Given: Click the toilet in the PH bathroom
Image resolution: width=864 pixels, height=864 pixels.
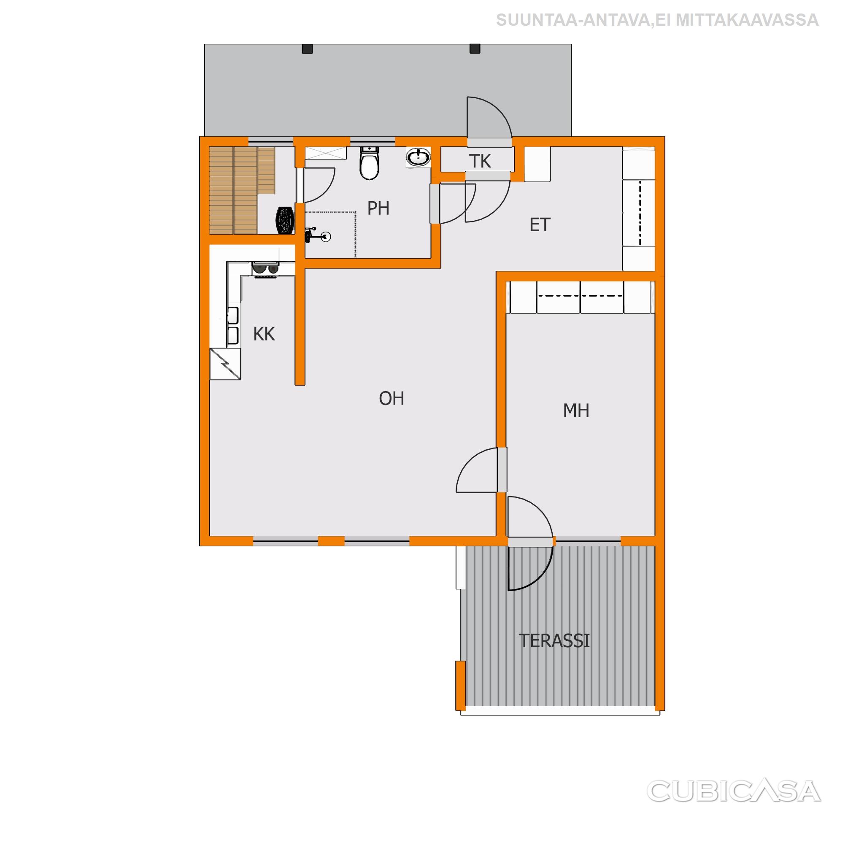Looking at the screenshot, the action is [370, 163].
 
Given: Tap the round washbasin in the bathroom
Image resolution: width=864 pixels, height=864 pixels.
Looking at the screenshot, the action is [418, 157].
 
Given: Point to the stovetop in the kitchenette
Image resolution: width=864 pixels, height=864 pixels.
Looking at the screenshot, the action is [266, 270].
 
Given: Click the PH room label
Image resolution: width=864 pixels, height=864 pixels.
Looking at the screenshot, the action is [378, 208].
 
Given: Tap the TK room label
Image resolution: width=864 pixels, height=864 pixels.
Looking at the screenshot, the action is [480, 162].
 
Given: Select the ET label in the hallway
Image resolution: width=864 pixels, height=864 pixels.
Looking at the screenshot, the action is [540, 225].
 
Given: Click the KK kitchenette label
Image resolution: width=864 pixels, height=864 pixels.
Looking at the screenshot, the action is [264, 334].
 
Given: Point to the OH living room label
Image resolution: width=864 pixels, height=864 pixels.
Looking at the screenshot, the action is [391, 398].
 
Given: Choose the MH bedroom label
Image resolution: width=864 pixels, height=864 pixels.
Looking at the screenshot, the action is [576, 410].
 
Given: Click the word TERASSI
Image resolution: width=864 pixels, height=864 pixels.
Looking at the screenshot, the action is [554, 641].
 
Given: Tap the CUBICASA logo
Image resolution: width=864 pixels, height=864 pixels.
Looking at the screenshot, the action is [734, 791].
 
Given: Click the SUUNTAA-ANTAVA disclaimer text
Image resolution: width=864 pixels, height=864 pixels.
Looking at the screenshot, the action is [657, 20].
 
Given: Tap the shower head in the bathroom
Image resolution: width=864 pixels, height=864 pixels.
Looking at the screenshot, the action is [318, 236].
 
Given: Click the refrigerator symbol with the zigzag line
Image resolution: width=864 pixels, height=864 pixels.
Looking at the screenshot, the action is [225, 364].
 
